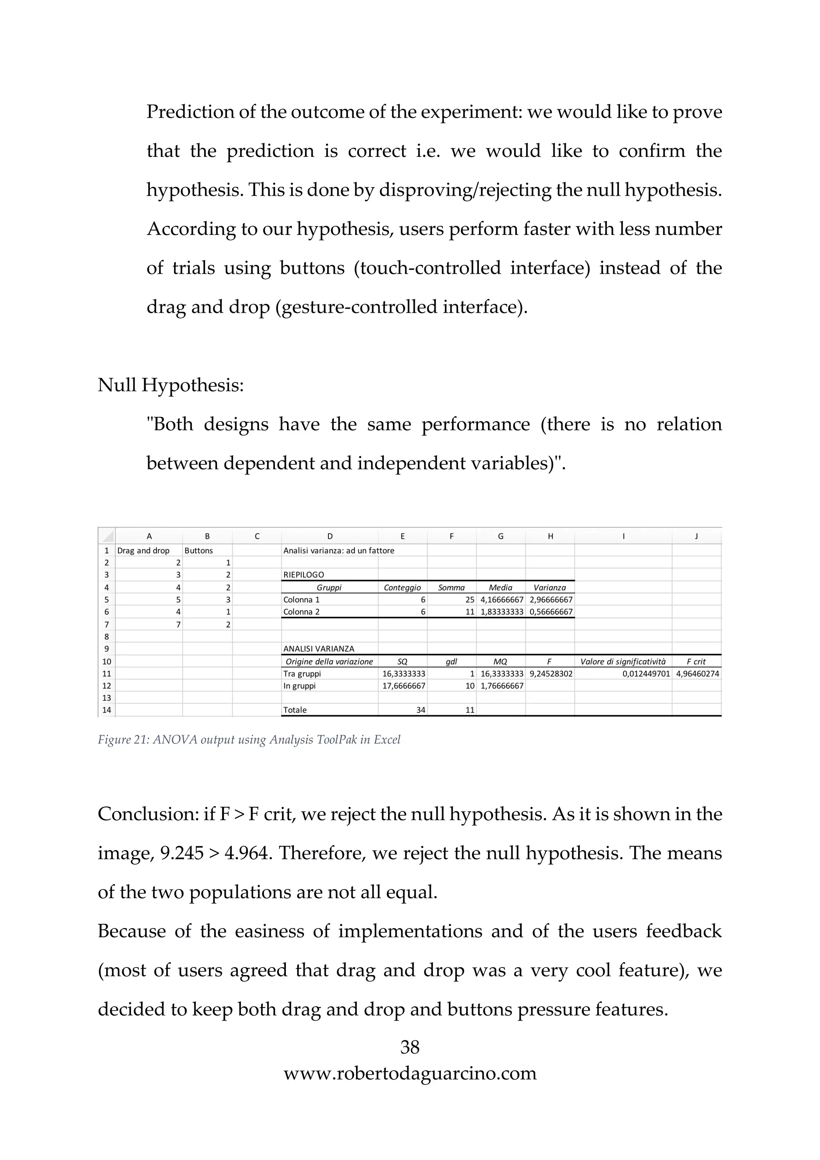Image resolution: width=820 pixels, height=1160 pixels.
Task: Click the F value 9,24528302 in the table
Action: click(551, 674)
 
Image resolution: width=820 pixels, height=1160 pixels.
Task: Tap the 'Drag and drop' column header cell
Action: click(143, 551)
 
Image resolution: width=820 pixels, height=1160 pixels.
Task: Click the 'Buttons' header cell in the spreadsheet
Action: click(199, 551)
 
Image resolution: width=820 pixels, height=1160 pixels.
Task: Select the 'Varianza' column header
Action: click(550, 588)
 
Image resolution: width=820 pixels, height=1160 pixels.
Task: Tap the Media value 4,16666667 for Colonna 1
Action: click(502, 600)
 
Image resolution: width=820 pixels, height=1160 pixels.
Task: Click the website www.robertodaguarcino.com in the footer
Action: click(410, 1073)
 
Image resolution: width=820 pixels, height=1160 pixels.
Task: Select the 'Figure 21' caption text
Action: click(249, 740)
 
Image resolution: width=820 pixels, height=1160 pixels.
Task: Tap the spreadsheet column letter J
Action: click(696, 536)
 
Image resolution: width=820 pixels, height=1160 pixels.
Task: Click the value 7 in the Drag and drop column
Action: click(178, 624)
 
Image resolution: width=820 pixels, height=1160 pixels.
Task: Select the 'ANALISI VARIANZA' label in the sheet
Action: click(318, 649)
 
